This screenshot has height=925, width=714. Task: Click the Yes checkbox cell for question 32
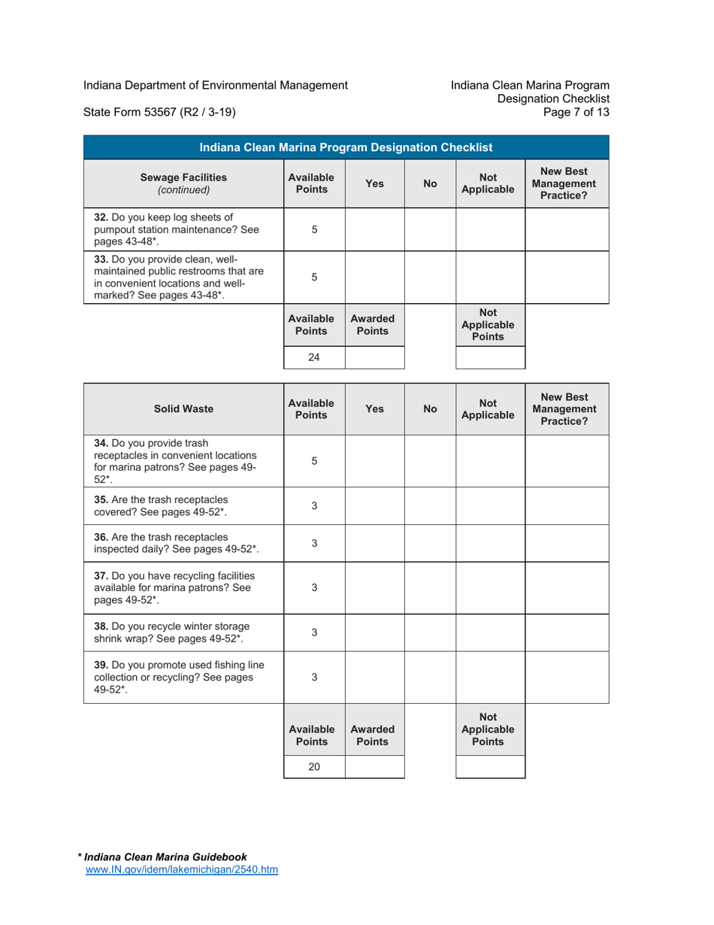(x=374, y=230)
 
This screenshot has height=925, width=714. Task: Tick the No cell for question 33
(x=430, y=277)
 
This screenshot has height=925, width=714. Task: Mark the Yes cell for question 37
(x=374, y=587)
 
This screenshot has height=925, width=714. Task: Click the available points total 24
(x=314, y=358)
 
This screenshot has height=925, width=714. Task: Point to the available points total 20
(x=314, y=768)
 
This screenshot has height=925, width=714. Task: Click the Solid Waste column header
(x=183, y=409)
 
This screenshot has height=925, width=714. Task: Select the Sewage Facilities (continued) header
(x=183, y=183)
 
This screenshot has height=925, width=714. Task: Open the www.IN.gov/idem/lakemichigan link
(x=183, y=870)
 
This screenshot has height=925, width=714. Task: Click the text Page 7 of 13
(x=580, y=113)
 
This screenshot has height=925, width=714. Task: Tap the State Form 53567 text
(x=159, y=113)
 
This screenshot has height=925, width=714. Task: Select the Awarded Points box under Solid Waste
(x=374, y=768)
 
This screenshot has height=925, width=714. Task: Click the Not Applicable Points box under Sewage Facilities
(x=490, y=358)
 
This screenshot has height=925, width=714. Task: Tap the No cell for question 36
(x=430, y=542)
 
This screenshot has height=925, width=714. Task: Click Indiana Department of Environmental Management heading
(x=215, y=85)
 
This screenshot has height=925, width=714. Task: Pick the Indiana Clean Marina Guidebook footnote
(x=165, y=857)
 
